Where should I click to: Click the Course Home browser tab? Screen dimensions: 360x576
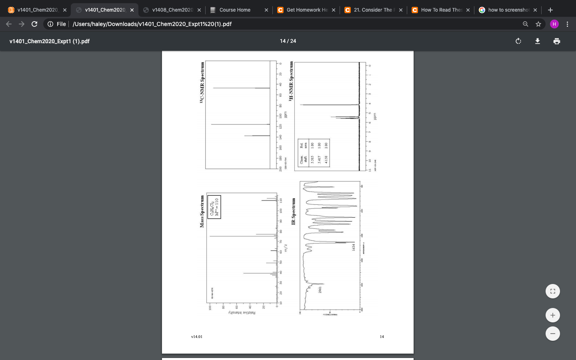[235, 10]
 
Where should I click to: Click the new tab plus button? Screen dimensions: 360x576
[550, 10]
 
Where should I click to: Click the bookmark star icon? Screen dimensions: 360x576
[538, 24]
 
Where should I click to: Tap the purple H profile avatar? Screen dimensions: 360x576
[554, 24]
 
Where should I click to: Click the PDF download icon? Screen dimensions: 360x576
[538, 41]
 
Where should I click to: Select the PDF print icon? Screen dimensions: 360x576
[557, 41]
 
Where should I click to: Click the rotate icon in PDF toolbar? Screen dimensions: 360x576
[518, 41]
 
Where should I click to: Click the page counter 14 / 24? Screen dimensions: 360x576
[288, 41]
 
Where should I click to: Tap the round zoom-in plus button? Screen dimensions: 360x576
[552, 315]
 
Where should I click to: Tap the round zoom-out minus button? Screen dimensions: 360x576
[552, 334]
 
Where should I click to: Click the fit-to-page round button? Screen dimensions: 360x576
[552, 291]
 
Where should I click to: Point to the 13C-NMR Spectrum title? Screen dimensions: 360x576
[202, 83]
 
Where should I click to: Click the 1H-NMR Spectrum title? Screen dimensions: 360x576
[291, 80]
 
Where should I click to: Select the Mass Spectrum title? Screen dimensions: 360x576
[202, 212]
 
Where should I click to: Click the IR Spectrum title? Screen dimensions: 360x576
[294, 211]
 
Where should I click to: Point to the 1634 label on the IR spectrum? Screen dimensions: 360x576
[354, 247]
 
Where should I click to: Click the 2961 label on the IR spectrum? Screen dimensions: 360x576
[320, 290]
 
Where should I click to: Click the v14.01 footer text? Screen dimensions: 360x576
[197, 337]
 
